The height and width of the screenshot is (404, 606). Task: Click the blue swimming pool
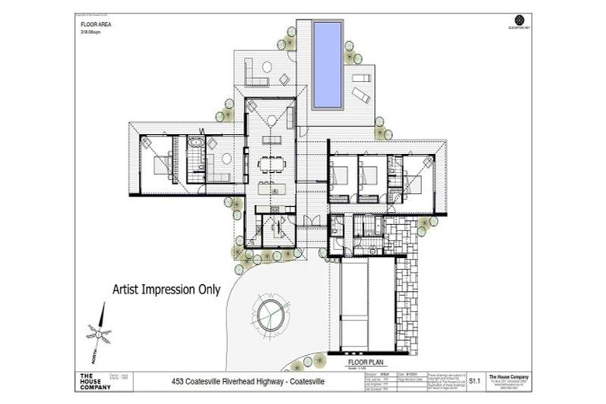327,65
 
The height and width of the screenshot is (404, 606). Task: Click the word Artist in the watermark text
133,290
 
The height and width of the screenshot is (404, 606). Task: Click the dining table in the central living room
272,165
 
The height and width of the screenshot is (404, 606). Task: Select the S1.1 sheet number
475,380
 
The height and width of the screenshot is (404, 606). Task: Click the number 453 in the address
181,382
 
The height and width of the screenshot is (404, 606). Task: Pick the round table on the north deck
267,67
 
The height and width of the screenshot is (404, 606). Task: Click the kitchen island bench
272,189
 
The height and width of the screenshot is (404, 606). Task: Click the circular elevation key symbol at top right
518,19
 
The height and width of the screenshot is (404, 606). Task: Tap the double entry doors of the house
312,220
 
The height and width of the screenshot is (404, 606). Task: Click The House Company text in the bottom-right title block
503,376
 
